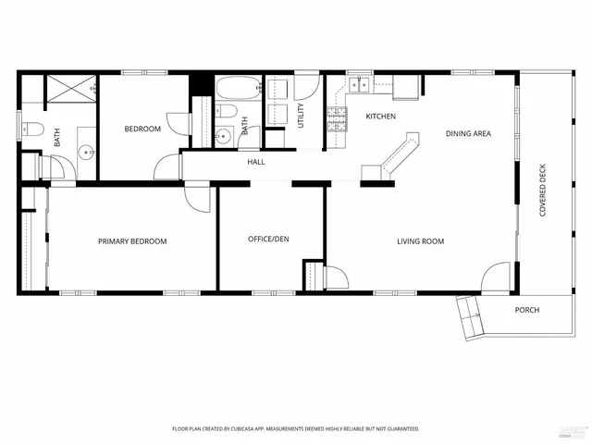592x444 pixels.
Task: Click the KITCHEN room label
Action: [380, 117]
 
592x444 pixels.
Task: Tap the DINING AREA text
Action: [467, 134]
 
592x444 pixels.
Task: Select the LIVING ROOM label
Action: [421, 241]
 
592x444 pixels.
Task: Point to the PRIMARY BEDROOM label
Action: [132, 241]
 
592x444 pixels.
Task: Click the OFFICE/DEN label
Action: [268, 240]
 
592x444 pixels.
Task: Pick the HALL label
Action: [256, 163]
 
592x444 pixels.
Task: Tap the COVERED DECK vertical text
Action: [543, 191]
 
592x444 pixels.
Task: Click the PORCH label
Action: [526, 310]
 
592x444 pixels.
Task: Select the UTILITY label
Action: [301, 115]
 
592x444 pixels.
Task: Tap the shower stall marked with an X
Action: [73, 91]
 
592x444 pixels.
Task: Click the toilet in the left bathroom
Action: [30, 129]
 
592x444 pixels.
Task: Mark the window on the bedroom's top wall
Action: [144, 72]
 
